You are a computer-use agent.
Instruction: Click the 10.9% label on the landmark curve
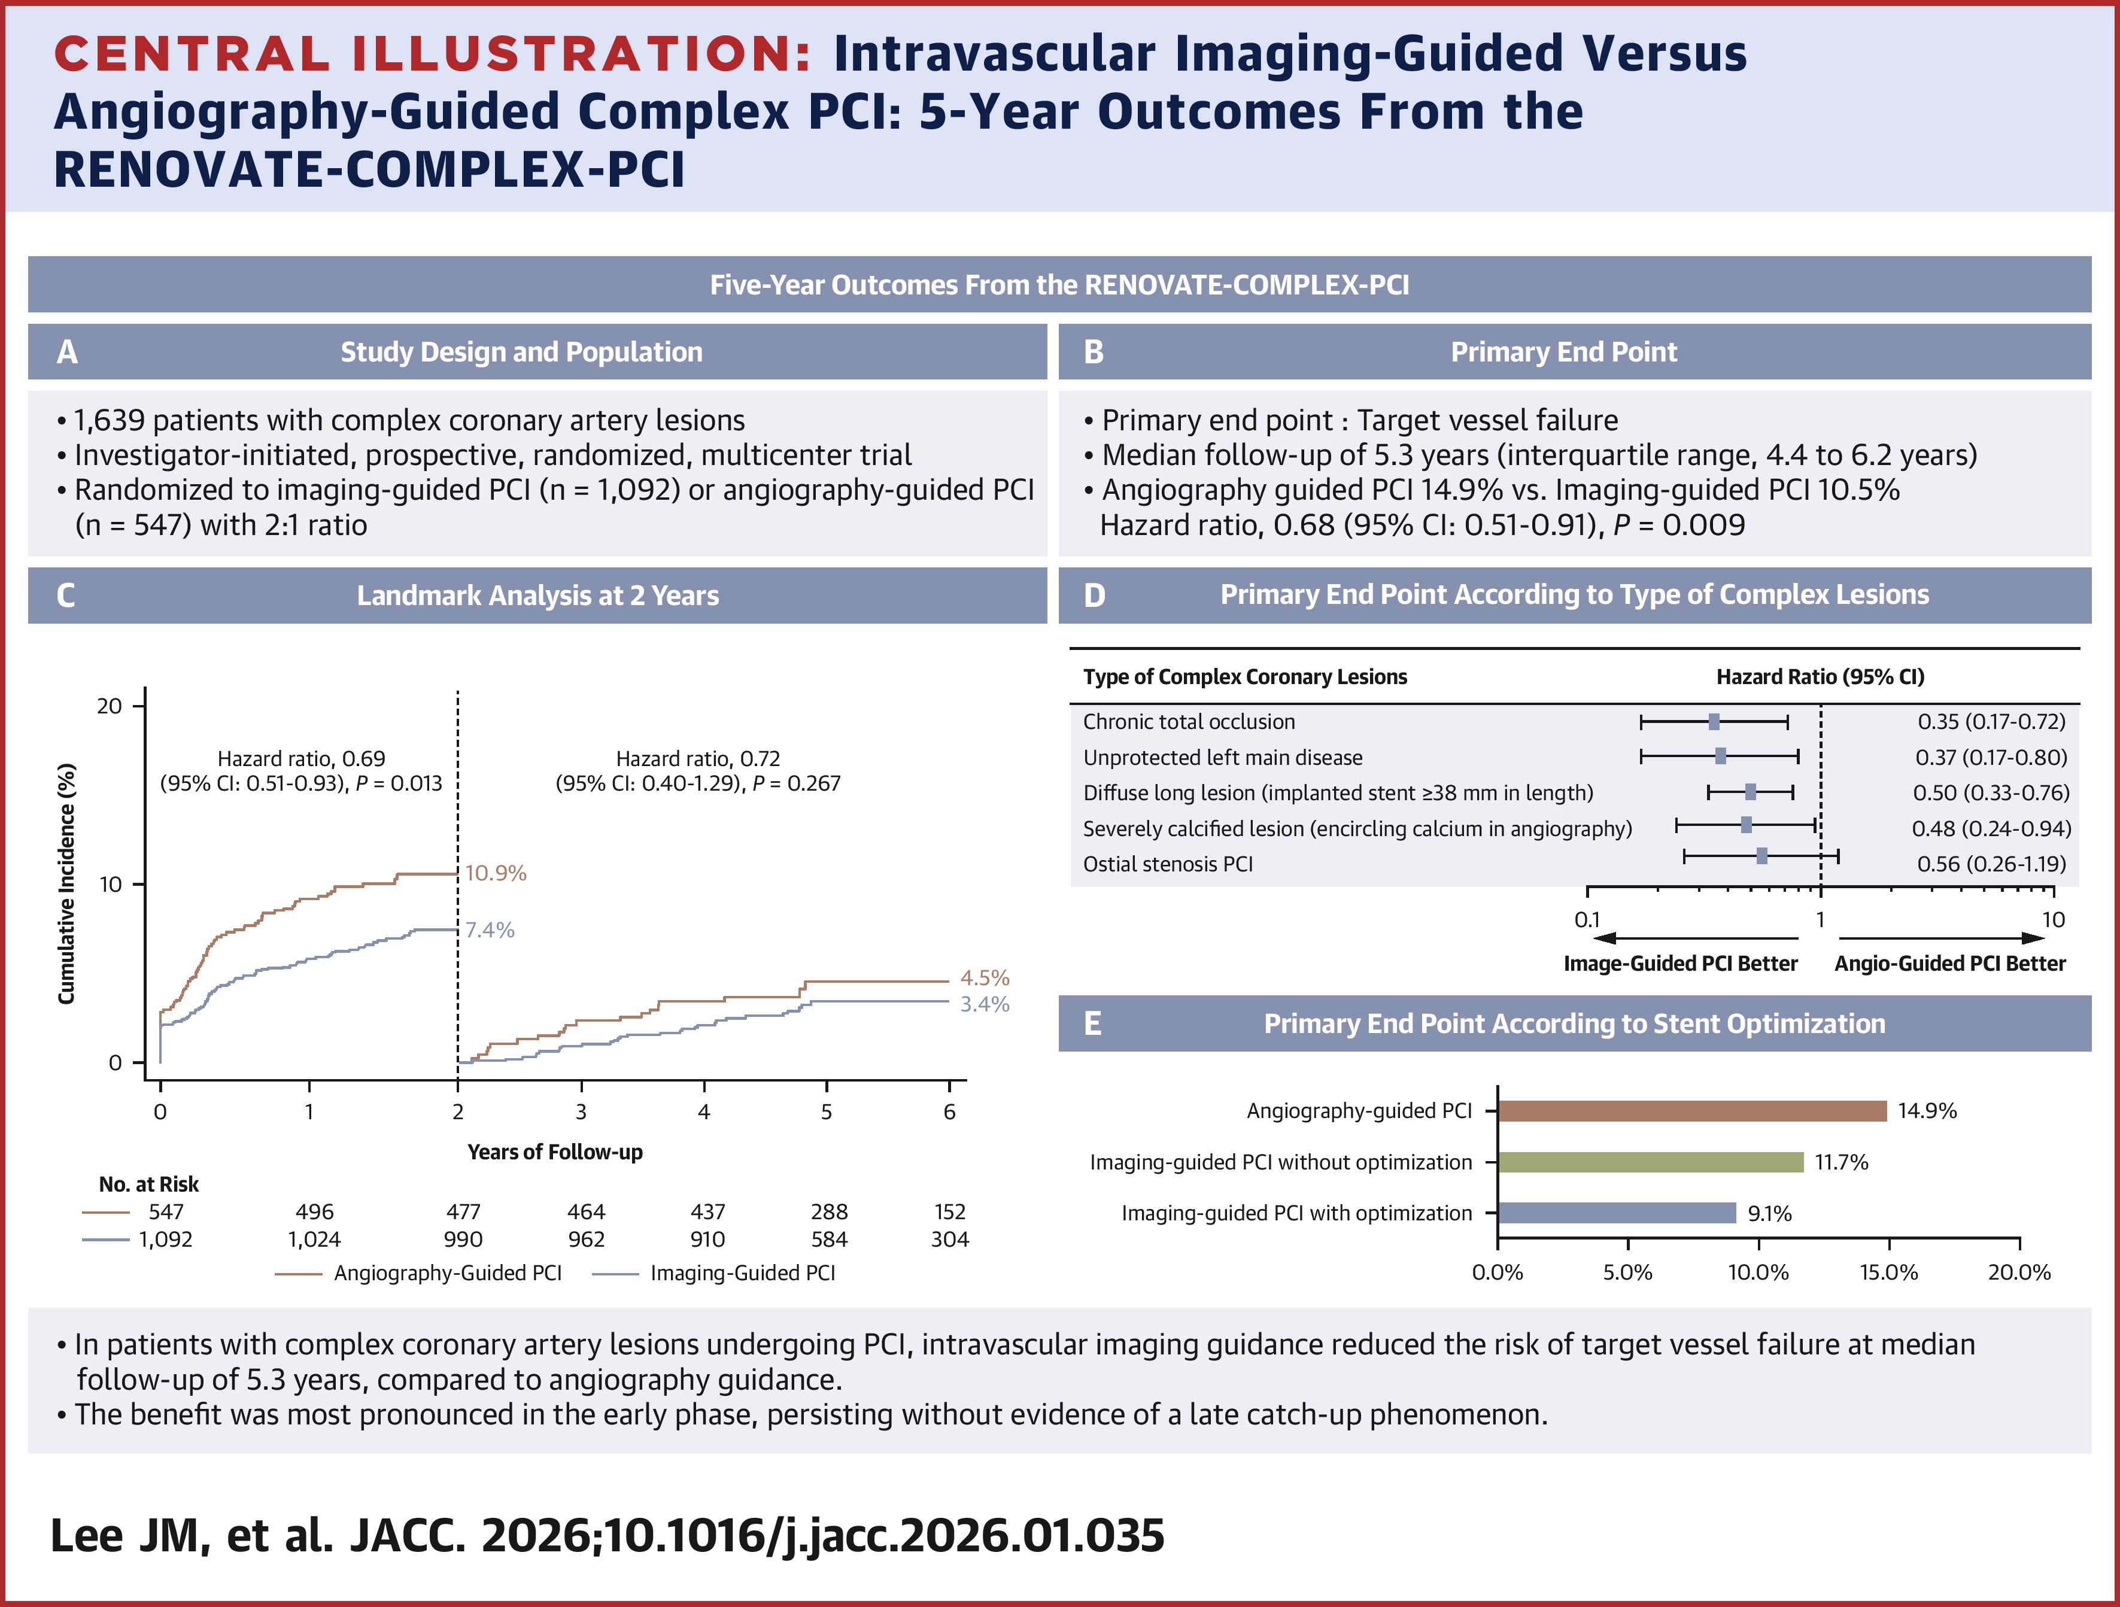[x=496, y=873]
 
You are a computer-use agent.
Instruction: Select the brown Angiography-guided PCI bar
[x=1691, y=1111]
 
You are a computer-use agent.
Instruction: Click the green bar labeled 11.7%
[x=1650, y=1162]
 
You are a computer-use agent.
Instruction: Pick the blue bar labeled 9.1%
[x=1617, y=1213]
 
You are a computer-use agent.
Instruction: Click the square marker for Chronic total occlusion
[x=1714, y=722]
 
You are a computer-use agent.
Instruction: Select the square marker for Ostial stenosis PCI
[x=1761, y=856]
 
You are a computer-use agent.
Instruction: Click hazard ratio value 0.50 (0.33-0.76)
[x=1991, y=792]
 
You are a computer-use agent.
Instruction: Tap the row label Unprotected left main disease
[x=1222, y=757]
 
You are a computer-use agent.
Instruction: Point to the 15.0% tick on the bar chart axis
[x=1888, y=1272]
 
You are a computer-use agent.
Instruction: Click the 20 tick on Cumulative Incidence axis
[x=110, y=706]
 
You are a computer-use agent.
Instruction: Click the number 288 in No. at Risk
[x=829, y=1212]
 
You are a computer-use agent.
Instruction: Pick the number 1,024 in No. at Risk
[x=314, y=1239]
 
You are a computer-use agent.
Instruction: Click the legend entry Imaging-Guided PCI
[x=742, y=1272]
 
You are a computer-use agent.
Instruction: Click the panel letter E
[x=1092, y=1023]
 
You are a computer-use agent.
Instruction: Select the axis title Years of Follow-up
[x=554, y=1152]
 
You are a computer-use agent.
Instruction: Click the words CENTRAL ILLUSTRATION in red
[x=432, y=54]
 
